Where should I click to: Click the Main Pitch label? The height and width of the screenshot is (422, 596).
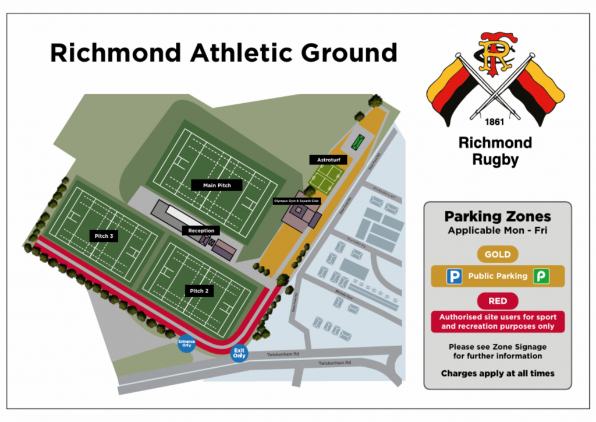pos(217,185)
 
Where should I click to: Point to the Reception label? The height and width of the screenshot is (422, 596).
pos(201,230)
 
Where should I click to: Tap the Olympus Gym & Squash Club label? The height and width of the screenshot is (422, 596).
pos(297,201)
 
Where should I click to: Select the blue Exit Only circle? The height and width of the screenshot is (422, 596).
pos(239,353)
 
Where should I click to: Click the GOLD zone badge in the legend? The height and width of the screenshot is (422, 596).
pos(497,254)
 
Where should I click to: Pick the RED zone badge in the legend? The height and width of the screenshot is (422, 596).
pos(497,301)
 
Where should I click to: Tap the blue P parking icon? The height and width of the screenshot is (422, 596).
pos(454,276)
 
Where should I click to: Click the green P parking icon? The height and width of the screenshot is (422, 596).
pos(541,276)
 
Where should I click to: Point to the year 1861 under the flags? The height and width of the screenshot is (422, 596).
pos(495,123)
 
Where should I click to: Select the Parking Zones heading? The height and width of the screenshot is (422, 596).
pos(497,217)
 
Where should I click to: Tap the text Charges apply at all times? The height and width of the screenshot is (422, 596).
pos(497,373)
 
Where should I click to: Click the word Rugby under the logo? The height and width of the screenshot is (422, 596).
pos(495,159)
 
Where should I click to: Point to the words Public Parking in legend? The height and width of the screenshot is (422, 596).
pos(497,276)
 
